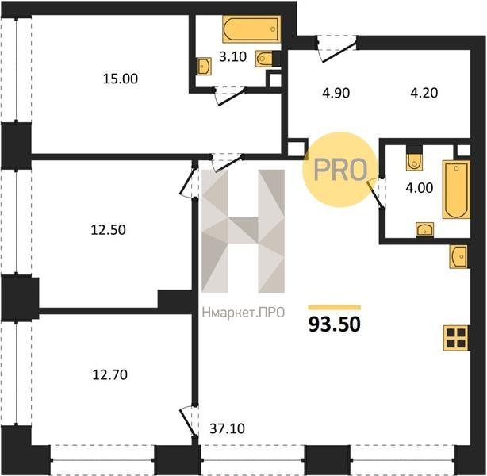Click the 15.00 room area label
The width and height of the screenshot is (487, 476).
[x=121, y=79]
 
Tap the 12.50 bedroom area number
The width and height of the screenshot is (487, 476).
[x=108, y=230]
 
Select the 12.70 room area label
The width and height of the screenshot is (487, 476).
[x=110, y=374]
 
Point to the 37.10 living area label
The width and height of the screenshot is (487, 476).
[x=227, y=428]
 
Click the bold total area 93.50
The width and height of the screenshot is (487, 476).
[x=335, y=324]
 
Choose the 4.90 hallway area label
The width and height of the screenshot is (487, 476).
[x=336, y=93]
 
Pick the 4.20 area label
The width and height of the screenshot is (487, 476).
[x=424, y=93]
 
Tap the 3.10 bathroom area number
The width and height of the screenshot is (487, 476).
[x=232, y=57]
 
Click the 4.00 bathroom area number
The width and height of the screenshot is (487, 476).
[x=420, y=188]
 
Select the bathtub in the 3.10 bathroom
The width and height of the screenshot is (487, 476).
[x=251, y=29]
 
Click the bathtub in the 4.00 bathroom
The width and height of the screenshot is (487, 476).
[x=456, y=190]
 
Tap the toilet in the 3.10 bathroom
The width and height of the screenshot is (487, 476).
[x=265, y=59]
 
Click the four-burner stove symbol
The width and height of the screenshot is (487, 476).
[x=456, y=338]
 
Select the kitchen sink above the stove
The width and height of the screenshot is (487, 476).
[x=458, y=256]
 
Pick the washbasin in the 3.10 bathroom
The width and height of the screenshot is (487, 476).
[x=205, y=66]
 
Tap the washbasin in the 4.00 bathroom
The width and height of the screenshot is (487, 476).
[x=424, y=229]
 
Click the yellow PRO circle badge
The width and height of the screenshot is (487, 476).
[x=340, y=170]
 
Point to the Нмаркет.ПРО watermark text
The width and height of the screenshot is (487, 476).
[x=243, y=313]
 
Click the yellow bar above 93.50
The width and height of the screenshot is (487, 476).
[x=335, y=308]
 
